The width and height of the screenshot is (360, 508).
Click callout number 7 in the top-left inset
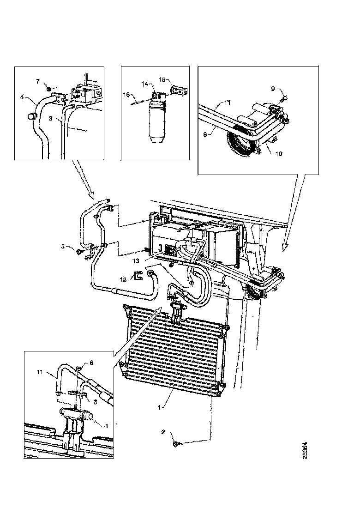(x=38, y=82)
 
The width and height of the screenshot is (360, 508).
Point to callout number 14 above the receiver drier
(x=144, y=84)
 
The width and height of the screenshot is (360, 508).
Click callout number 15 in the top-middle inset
(x=162, y=79)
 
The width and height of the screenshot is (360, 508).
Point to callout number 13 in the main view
(x=137, y=260)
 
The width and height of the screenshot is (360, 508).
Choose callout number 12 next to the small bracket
(x=123, y=279)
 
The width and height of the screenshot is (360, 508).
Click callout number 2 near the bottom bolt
(x=163, y=433)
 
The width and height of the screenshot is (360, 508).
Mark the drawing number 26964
(x=305, y=451)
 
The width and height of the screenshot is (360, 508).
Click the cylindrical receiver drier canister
(x=155, y=124)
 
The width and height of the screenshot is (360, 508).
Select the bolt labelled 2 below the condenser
(x=177, y=444)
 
